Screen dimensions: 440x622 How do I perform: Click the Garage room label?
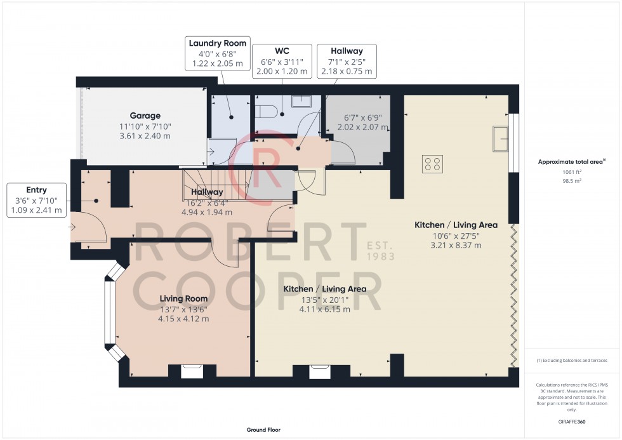point(145,116)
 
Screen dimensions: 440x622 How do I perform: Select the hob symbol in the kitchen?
point(432,164)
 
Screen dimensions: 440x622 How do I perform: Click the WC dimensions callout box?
point(281,60)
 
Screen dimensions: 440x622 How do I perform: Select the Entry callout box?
point(37,200)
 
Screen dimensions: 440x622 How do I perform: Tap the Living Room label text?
point(183,298)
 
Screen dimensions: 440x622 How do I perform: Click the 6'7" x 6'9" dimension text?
point(356,117)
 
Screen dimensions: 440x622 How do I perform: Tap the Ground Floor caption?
point(263,430)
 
